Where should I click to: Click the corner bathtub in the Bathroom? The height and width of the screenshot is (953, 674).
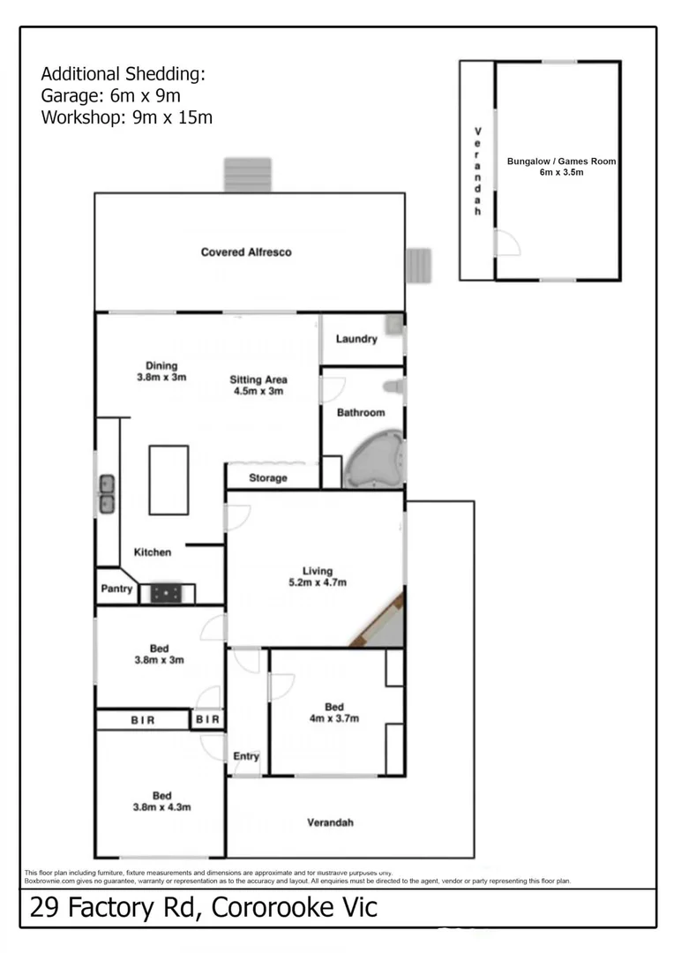click(x=374, y=460)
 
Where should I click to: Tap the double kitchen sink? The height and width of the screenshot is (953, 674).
click(x=107, y=494)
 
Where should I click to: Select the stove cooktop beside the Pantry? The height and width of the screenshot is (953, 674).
click(x=166, y=594)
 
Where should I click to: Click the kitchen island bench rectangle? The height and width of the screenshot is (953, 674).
click(x=168, y=480)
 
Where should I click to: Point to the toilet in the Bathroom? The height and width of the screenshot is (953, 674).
click(x=394, y=386)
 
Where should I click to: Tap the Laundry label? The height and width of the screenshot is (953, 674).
click(x=356, y=339)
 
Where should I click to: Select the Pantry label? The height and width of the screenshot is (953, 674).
click(x=116, y=589)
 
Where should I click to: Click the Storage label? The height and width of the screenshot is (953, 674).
click(x=267, y=478)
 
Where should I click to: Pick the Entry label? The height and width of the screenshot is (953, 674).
click(x=246, y=756)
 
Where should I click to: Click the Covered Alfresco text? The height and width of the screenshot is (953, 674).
click(x=246, y=252)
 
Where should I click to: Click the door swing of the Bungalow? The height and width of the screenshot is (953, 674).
click(x=507, y=244)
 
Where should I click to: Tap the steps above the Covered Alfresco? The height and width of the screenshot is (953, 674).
click(x=247, y=175)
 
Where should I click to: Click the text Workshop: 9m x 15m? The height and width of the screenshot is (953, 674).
click(x=126, y=117)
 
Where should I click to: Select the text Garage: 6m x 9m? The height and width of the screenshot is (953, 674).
click(x=111, y=95)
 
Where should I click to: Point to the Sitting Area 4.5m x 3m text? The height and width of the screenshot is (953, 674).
click(x=258, y=386)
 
